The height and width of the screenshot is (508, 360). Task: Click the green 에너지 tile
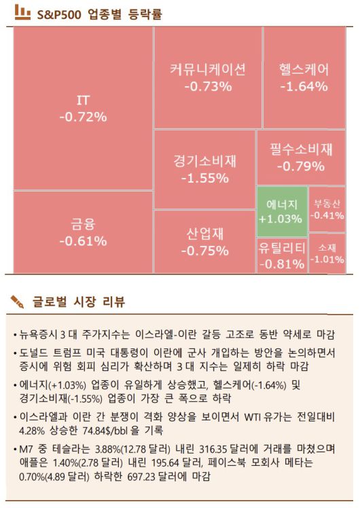point(281,211)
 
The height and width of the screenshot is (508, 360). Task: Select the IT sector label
point(83,101)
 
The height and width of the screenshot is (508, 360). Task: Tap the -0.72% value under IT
point(83,117)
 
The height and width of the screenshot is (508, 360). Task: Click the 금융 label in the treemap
point(83,224)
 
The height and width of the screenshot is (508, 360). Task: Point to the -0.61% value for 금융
point(83,241)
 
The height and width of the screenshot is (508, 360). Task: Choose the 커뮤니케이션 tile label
point(207,70)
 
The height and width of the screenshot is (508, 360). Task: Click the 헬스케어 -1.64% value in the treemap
point(304,87)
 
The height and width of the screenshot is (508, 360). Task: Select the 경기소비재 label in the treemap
point(204,162)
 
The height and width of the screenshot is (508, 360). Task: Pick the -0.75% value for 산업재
point(204,251)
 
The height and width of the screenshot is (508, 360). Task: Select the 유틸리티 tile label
point(281,248)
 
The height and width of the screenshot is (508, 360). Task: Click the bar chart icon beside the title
point(22,12)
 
